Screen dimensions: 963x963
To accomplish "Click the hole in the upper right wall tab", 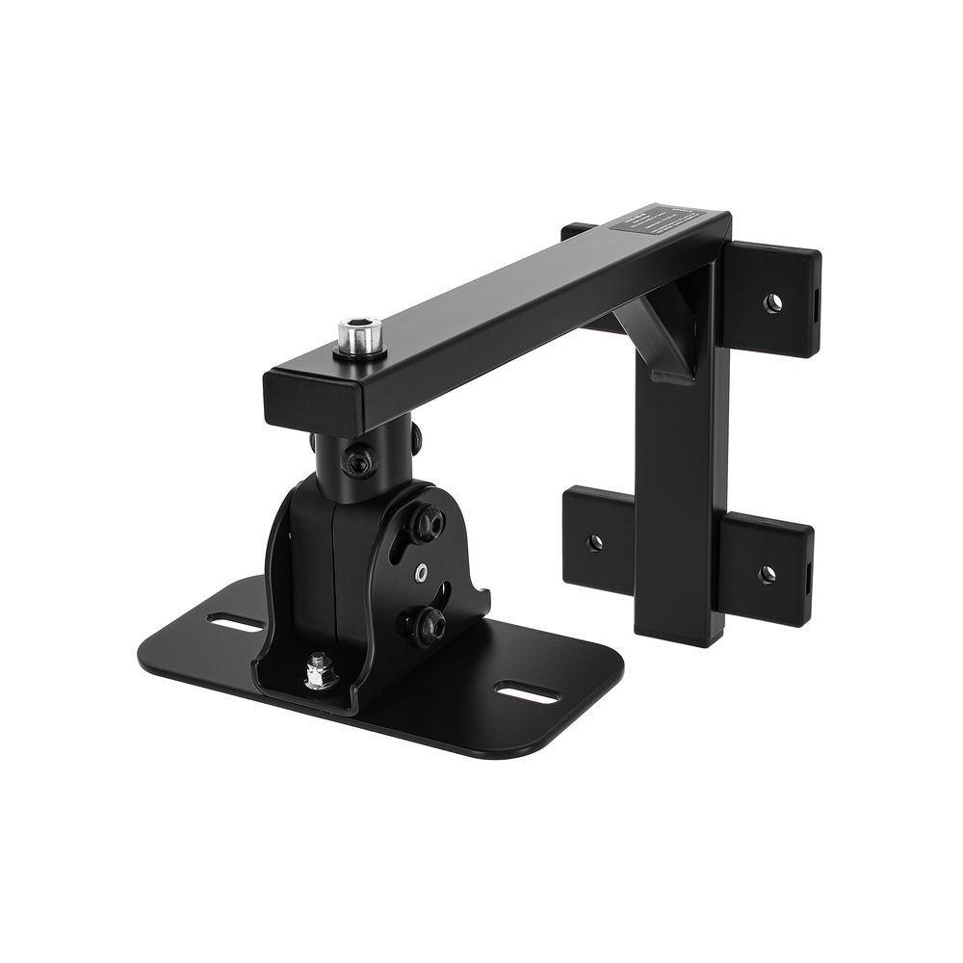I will [771, 304].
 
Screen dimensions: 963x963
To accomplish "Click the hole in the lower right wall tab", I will [767, 574].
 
